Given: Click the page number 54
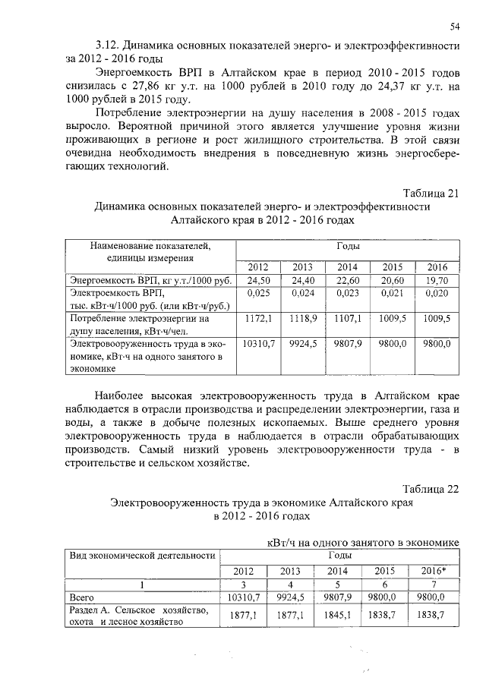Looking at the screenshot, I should pos(455,27).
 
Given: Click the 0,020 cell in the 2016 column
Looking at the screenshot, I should pos(437,292).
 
